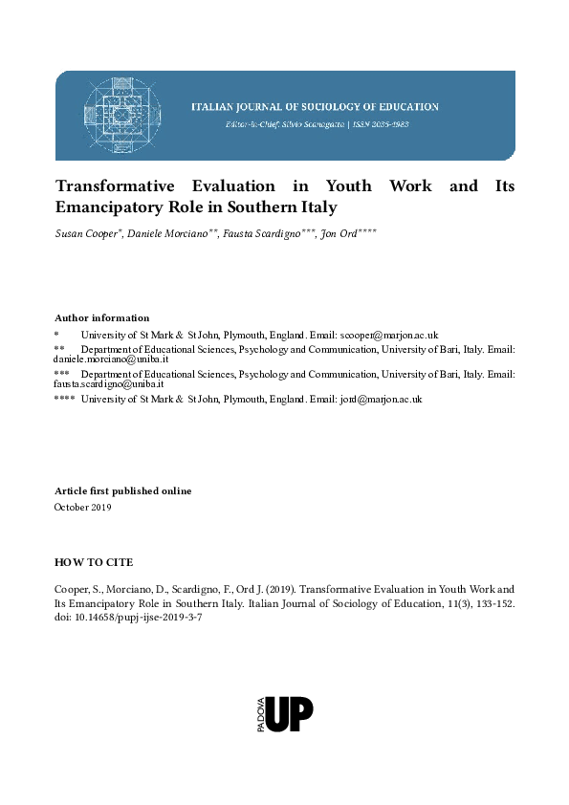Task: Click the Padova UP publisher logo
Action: pyautogui.click(x=285, y=714)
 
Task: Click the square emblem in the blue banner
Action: pyautogui.click(x=120, y=115)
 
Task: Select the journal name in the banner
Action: pyautogui.click(x=316, y=107)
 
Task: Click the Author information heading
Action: pyautogui.click(x=102, y=317)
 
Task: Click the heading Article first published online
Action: pyautogui.click(x=122, y=490)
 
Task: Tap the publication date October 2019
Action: pyautogui.click(x=82, y=507)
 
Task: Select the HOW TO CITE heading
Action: pyautogui.click(x=94, y=561)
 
